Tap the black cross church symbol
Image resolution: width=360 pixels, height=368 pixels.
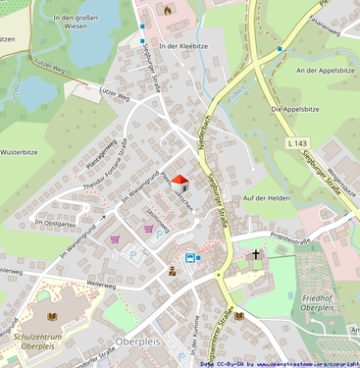pos(257,255)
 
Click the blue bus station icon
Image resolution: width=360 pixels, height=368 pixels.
pos(189,257)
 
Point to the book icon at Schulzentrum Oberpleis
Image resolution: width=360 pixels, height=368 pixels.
pos(54,320)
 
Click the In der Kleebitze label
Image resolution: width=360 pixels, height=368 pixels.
pos(181,46)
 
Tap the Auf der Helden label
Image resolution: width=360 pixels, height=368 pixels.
pos(267,198)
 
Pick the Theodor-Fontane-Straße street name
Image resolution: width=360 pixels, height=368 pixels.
pos(106,164)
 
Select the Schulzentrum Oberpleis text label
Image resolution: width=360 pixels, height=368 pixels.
pos(37,342)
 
